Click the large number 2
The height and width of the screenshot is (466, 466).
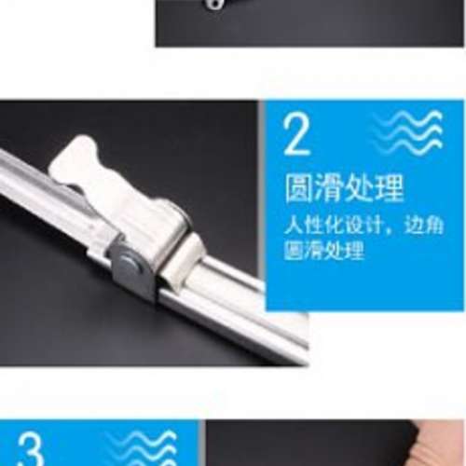(x=296, y=134)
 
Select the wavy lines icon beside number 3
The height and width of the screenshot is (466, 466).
(x=142, y=448)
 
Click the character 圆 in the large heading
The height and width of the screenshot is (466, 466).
(x=298, y=188)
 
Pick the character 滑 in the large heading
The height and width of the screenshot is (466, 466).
(x=329, y=188)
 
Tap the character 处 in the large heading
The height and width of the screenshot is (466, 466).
(x=359, y=188)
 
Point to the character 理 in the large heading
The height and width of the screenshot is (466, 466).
(x=389, y=188)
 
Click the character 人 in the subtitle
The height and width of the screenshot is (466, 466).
(x=293, y=225)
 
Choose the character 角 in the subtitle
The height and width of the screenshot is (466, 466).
(x=433, y=225)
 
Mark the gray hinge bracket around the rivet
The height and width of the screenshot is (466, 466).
(x=132, y=267)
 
